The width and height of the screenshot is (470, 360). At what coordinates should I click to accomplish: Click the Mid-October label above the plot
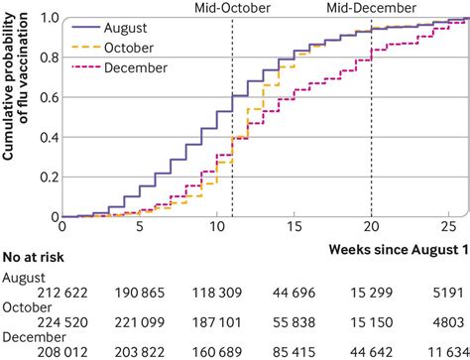click(x=232, y=7)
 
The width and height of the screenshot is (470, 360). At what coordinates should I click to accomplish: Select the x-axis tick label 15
click(x=294, y=226)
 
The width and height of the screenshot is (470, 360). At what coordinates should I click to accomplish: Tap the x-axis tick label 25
click(x=448, y=226)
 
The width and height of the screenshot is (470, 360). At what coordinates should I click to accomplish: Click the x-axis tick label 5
click(x=139, y=226)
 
